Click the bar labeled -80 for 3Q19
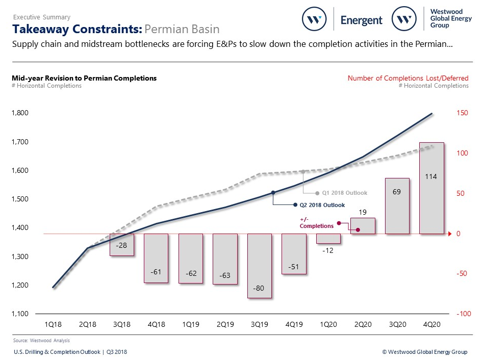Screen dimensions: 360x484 tap(259, 266)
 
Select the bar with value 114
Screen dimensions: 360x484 tap(431, 188)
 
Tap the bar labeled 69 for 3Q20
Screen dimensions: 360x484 tap(397, 206)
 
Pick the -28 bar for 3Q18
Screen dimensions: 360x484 tap(121, 245)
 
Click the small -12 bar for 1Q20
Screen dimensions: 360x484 tap(328, 239)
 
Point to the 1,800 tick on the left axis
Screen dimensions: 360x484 tap(20, 113)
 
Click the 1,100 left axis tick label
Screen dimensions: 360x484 tap(20, 314)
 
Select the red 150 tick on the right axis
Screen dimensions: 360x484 tap(462, 113)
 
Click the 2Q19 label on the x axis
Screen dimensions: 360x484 tap(225, 324)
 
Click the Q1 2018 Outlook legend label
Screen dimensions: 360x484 tap(344, 193)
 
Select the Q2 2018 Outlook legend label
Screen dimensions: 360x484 tap(322, 205)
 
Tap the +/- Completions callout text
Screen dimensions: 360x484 tap(316, 223)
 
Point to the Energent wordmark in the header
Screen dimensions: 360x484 tap(361, 20)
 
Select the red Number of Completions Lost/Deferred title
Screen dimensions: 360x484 tap(408, 78)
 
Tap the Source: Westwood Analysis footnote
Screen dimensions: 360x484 tap(41, 340)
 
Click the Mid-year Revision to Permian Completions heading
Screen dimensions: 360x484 tap(84, 78)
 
